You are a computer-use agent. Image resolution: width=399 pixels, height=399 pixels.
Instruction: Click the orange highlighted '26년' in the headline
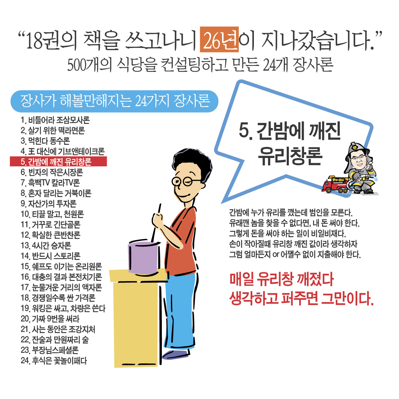[x=219, y=40]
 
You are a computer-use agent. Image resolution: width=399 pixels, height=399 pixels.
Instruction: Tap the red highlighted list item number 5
[x=58, y=162]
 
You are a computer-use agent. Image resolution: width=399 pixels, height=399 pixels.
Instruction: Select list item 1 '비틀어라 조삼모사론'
[x=55, y=120]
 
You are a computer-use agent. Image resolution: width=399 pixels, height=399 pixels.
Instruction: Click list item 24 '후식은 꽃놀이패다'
[x=54, y=361]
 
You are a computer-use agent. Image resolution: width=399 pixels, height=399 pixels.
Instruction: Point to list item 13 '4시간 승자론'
[x=46, y=246]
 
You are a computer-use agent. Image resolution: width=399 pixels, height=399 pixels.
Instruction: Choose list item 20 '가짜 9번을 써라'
[x=50, y=319]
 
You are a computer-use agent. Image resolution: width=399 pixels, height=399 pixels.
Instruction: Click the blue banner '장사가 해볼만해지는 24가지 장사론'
[x=115, y=101]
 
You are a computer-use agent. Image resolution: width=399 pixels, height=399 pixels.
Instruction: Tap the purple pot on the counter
[x=143, y=257]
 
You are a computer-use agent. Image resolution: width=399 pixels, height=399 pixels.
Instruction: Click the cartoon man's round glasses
[x=182, y=181]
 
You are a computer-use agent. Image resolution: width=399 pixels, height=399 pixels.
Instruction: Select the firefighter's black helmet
[x=356, y=147]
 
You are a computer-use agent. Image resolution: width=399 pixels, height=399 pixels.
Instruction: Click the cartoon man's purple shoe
[x=175, y=354]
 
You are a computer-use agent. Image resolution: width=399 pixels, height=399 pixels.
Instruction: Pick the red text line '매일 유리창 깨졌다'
[x=282, y=279]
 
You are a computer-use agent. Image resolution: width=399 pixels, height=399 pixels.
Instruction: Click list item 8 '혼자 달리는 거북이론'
[x=56, y=193]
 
